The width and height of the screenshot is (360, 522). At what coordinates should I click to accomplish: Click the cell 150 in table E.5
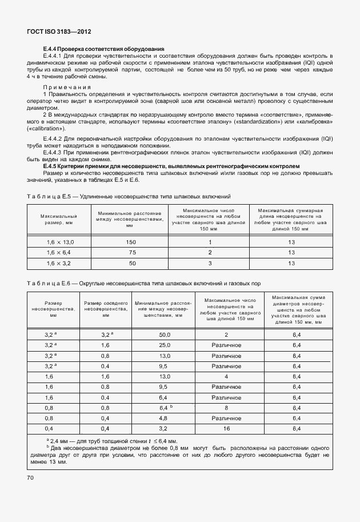(x=131, y=242)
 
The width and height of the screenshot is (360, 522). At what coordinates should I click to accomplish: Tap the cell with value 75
(x=131, y=253)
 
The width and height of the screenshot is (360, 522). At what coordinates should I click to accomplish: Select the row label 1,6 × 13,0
(x=60, y=242)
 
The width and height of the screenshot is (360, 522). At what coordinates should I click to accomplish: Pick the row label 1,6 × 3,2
(x=60, y=263)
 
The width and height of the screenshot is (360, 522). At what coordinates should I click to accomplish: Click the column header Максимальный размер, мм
(x=59, y=220)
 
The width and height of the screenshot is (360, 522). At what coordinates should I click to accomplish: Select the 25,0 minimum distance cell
(x=165, y=345)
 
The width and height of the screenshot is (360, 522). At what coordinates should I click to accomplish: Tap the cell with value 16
(x=226, y=428)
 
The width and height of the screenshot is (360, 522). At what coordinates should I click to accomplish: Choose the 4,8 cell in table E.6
(x=165, y=417)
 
